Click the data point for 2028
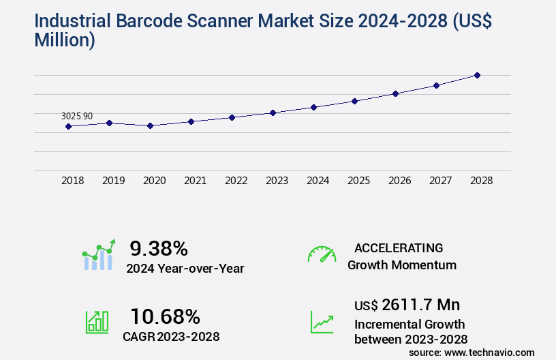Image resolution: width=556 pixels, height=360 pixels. point(477,75)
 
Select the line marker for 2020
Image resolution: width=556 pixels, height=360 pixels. point(150,125)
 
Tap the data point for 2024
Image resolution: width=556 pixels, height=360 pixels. point(313,107)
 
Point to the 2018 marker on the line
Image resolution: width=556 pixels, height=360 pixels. point(68,126)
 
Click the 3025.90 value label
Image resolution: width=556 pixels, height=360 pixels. point(76,117)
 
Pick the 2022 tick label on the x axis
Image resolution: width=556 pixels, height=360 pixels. point(236,181)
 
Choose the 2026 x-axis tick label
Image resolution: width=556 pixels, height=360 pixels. point(399,181)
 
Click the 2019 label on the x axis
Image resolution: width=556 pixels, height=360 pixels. point(113,181)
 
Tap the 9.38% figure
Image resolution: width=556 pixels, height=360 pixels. point(159,248)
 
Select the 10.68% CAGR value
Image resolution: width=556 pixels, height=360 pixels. point(165,316)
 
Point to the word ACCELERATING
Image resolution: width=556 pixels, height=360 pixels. point(399,247)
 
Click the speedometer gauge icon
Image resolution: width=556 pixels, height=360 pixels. point(322,254)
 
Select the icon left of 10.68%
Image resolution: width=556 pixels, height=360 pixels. point(97,322)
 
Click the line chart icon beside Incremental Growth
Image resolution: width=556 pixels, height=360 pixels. point(322,322)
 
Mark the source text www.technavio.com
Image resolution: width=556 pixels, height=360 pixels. point(488,352)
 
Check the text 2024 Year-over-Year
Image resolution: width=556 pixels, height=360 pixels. point(185,268)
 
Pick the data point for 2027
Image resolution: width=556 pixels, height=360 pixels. point(436,85)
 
